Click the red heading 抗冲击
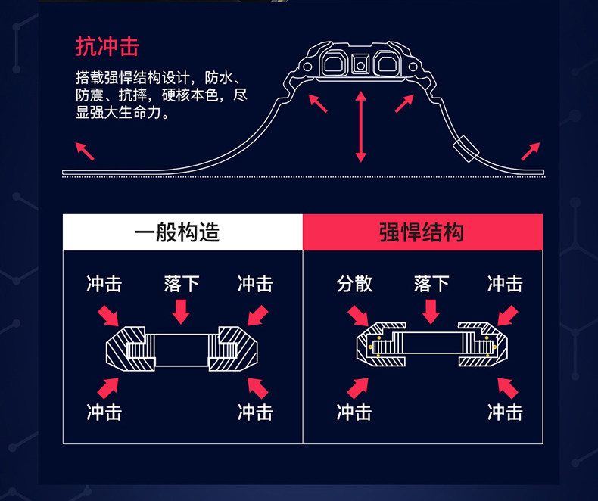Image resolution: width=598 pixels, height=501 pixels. pyautogui.click(x=107, y=46)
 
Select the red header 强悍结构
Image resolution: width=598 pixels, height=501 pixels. pyautogui.click(x=422, y=232)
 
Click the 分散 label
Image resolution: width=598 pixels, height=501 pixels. pyautogui.click(x=354, y=284)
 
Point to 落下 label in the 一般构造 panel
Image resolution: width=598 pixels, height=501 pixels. pyautogui.click(x=182, y=284)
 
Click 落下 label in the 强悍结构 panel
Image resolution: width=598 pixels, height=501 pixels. pyautogui.click(x=431, y=284)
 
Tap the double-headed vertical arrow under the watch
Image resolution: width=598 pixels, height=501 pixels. pyautogui.click(x=361, y=126)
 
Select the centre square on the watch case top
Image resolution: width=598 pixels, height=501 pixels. pyautogui.click(x=360, y=66)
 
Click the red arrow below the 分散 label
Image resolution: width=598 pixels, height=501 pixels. pyautogui.click(x=357, y=315)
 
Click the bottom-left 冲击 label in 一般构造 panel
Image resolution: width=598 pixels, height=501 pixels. pyautogui.click(x=104, y=412)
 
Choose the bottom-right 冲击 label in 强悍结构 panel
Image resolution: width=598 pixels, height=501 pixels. pyautogui.click(x=505, y=412)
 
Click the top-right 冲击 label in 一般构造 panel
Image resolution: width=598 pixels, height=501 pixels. pyautogui.click(x=255, y=284)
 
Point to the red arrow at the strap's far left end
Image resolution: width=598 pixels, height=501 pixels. pyautogui.click(x=85, y=151)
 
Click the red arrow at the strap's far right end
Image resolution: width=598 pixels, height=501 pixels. pyautogui.click(x=531, y=151)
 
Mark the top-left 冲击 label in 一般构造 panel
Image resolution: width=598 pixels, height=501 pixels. pyautogui.click(x=104, y=284)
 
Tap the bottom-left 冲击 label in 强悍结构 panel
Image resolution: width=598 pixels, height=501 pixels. pyautogui.click(x=354, y=412)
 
